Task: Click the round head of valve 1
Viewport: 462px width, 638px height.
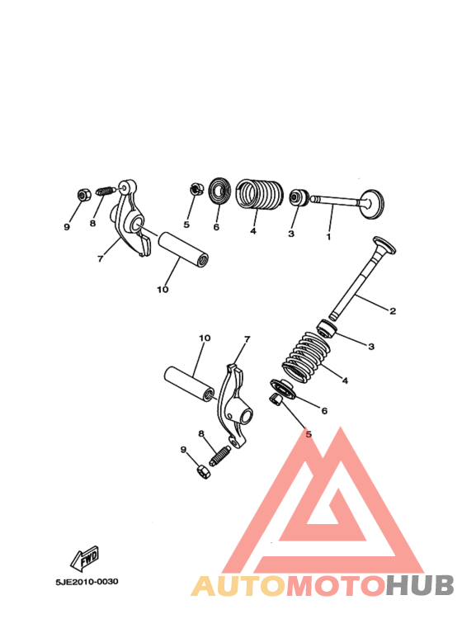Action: click(374, 201)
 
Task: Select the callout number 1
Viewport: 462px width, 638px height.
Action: click(328, 237)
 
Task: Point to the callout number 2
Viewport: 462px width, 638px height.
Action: click(393, 310)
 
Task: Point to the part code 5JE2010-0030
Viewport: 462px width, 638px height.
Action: click(87, 582)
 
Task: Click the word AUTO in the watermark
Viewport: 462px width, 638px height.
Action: click(238, 585)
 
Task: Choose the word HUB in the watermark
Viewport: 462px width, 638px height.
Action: click(420, 585)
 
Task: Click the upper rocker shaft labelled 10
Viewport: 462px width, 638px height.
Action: click(184, 245)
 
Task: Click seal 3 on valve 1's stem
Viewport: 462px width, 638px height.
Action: click(296, 198)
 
